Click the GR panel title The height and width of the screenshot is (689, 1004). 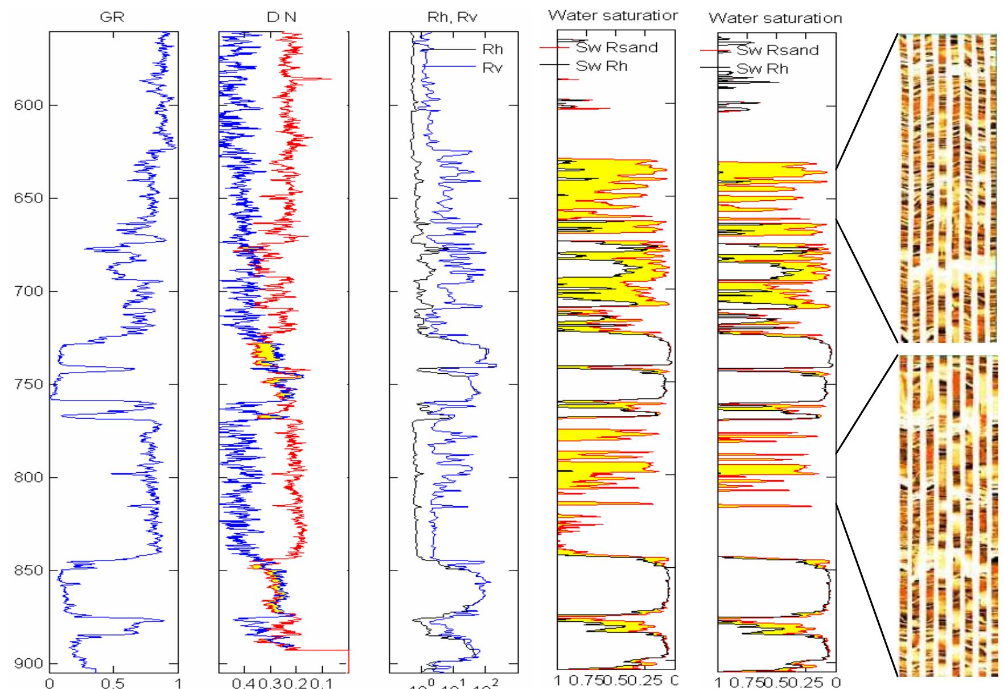tap(112, 18)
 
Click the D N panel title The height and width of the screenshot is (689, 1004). tap(282, 18)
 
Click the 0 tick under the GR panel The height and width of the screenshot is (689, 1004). tap(50, 683)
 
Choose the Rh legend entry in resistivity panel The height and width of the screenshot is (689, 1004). tap(492, 49)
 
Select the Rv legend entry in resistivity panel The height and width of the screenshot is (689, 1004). tap(492, 68)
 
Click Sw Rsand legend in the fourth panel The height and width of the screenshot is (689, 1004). tap(616, 47)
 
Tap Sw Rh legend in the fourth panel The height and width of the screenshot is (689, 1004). tap(602, 66)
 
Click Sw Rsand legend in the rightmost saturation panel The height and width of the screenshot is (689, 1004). tap(777, 50)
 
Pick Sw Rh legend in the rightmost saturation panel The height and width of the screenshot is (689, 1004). tap(763, 69)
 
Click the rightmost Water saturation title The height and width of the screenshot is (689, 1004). tap(775, 18)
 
